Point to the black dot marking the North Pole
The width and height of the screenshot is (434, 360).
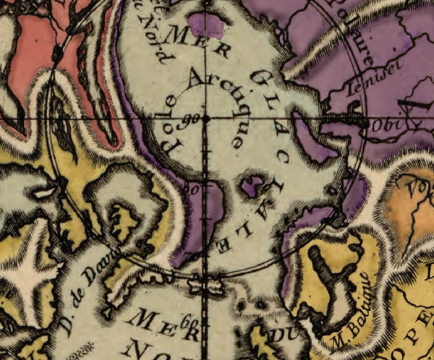point(205,117)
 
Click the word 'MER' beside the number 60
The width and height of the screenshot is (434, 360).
point(155,318)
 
